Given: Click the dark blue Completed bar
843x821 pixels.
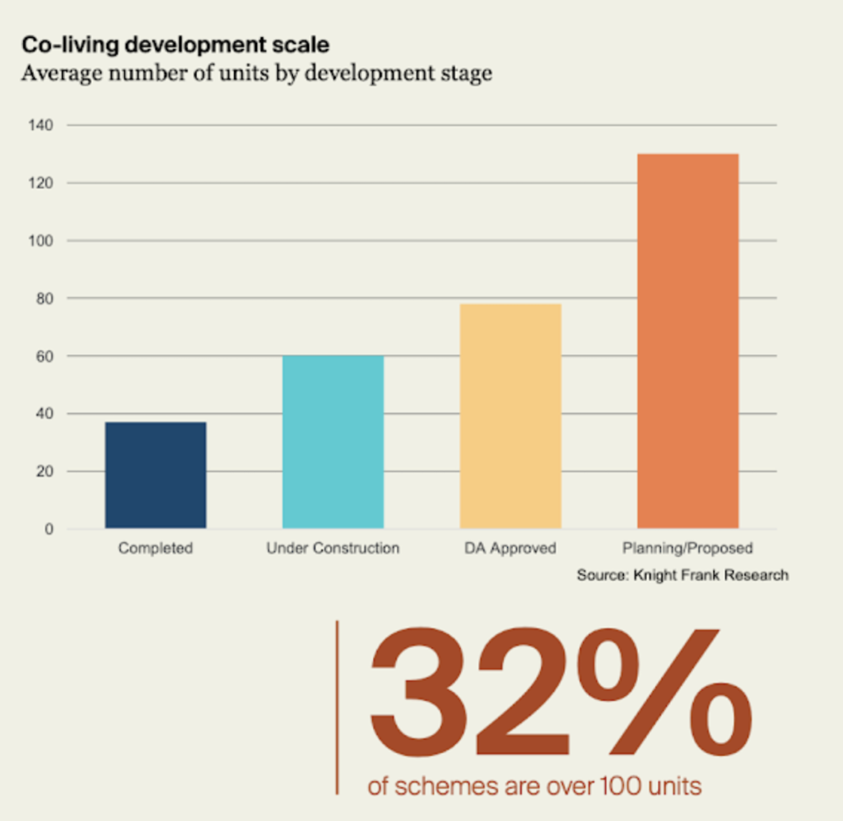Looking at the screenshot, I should (x=156, y=475).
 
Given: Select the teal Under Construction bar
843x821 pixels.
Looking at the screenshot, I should (x=333, y=442).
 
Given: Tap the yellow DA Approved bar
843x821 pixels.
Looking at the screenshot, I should (x=510, y=416).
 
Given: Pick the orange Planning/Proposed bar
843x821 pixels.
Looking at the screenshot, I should (x=687, y=341).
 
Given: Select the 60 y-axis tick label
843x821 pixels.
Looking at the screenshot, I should (x=45, y=356).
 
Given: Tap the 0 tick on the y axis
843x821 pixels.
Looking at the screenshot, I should (x=49, y=529).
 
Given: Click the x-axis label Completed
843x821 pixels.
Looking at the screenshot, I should (x=156, y=548).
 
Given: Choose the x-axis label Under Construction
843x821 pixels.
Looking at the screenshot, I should (x=333, y=548).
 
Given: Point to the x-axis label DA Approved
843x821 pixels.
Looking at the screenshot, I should (x=510, y=548).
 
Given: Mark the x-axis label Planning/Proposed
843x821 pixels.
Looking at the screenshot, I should (x=687, y=548).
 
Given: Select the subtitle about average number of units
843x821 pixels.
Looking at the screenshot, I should (x=256, y=73).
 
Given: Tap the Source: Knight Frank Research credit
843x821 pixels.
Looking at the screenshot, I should (x=682, y=575).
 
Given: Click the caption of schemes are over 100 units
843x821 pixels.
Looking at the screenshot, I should (x=534, y=786).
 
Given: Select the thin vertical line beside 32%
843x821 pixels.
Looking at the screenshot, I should (x=337, y=707).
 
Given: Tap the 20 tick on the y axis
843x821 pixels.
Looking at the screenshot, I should (x=45, y=471).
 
